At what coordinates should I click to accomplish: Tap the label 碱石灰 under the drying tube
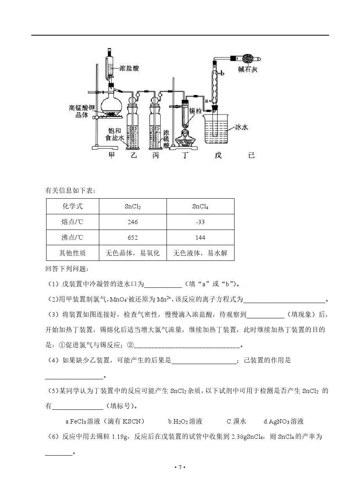click(x=248, y=69)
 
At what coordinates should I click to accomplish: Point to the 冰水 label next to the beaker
click(x=241, y=127)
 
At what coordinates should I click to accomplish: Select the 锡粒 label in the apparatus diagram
click(x=194, y=111)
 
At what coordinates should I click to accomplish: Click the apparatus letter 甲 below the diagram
click(x=112, y=155)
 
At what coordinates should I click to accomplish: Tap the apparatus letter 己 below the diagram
click(x=251, y=155)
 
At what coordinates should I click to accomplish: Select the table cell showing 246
click(x=133, y=222)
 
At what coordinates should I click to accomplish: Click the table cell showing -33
click(x=200, y=222)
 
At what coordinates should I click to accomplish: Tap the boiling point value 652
click(x=133, y=237)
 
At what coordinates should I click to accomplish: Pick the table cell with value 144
click(x=200, y=237)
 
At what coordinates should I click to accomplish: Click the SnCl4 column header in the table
click(x=200, y=206)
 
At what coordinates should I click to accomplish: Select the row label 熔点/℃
click(x=72, y=222)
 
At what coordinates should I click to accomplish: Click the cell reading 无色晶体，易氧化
click(x=133, y=253)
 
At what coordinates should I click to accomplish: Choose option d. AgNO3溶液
click(x=283, y=421)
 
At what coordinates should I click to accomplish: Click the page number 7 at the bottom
click(x=180, y=467)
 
